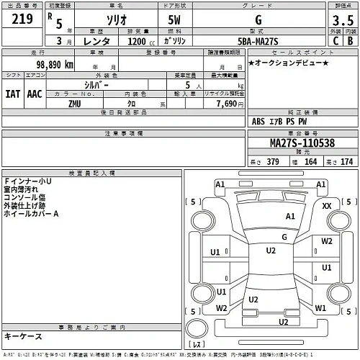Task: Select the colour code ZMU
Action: (x=73, y=104)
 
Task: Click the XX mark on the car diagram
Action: (x=327, y=206)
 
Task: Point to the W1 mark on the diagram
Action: (x=321, y=307)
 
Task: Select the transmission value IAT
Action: (x=12, y=94)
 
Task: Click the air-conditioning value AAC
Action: (x=34, y=94)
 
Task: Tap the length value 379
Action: (x=272, y=162)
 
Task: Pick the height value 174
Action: (x=347, y=162)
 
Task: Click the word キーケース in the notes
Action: (x=24, y=336)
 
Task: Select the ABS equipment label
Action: (x=259, y=122)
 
